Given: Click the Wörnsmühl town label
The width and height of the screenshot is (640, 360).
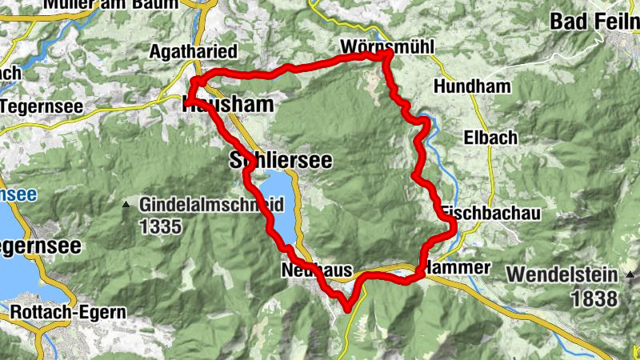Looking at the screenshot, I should coord(386,47).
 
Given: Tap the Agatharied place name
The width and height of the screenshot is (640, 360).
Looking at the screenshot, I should coord(194,52).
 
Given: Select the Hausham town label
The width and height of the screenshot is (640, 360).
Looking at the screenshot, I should coord(227,104).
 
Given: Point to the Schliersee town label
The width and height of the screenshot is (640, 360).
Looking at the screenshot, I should coord(280,159).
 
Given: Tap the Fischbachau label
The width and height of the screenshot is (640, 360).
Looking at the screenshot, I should coord(490,214).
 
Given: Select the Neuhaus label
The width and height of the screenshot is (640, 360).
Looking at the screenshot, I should coord(317,271).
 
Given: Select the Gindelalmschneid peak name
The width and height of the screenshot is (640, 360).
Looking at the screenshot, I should coord(211,205).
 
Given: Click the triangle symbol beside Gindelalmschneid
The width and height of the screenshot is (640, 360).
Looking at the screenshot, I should coord(126,206).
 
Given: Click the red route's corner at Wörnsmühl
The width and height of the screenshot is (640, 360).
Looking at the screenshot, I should coord(388,54).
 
